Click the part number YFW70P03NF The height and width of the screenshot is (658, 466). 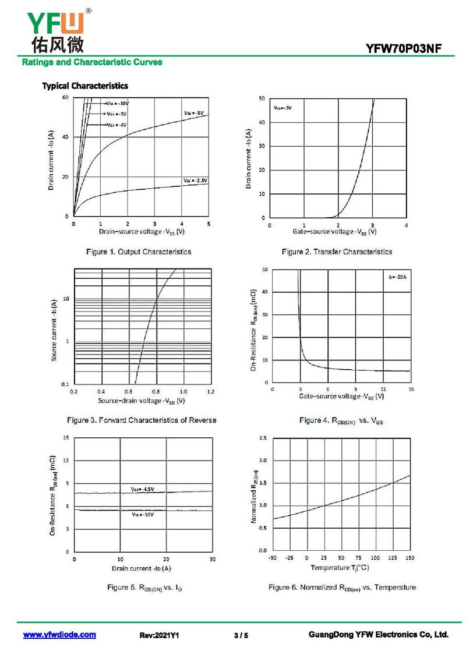[x=409, y=49]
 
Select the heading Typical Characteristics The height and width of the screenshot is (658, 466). [x=84, y=86]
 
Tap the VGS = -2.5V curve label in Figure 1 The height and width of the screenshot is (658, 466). [x=195, y=181]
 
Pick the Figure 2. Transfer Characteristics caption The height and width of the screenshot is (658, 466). [x=337, y=252]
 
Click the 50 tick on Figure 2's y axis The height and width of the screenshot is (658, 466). [x=262, y=98]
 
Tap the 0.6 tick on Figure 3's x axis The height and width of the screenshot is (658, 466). [x=128, y=391]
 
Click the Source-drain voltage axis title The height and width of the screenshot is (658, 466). [x=142, y=401]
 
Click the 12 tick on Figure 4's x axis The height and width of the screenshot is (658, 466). [x=383, y=389]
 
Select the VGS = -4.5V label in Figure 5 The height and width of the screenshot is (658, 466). [x=142, y=489]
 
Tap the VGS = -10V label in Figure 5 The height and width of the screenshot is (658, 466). [x=143, y=515]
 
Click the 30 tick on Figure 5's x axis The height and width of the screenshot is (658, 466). [x=213, y=559]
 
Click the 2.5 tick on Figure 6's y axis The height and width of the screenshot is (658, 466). [x=263, y=437]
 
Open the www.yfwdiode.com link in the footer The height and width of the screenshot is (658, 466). [x=59, y=635]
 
